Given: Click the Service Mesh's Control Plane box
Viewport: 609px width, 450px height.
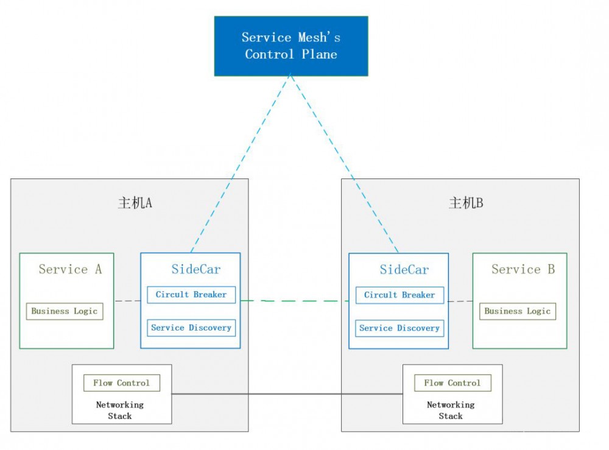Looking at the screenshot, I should (291, 46).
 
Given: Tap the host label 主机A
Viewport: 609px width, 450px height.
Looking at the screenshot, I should (135, 203).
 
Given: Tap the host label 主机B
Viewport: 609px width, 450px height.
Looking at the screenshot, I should (466, 203).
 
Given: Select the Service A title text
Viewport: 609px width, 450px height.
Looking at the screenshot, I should (70, 269).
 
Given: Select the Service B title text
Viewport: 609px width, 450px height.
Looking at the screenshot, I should (523, 269).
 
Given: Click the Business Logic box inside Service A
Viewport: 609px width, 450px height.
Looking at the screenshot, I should (65, 311).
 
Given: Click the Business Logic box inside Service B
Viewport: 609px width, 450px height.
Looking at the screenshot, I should (518, 311).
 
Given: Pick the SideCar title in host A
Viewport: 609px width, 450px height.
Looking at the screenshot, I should (195, 269).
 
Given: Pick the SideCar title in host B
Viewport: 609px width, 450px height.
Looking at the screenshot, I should (404, 269).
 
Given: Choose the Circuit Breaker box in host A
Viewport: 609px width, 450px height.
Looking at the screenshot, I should (191, 295).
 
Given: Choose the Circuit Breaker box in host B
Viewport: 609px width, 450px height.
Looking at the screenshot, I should (400, 295).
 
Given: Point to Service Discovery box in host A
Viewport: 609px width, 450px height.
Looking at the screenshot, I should (191, 328).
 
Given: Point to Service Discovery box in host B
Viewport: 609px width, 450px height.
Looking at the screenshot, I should (400, 328).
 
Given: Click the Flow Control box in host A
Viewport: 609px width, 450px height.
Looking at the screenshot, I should (121, 383).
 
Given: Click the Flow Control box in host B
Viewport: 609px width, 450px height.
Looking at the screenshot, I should (452, 383).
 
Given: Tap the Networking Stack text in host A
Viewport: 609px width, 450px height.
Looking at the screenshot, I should (120, 410).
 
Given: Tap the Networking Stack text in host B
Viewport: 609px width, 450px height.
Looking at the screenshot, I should (451, 410).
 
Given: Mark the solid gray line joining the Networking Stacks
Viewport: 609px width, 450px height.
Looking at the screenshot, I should (286, 394).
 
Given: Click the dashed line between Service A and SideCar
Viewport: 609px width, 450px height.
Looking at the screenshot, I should (127, 301).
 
